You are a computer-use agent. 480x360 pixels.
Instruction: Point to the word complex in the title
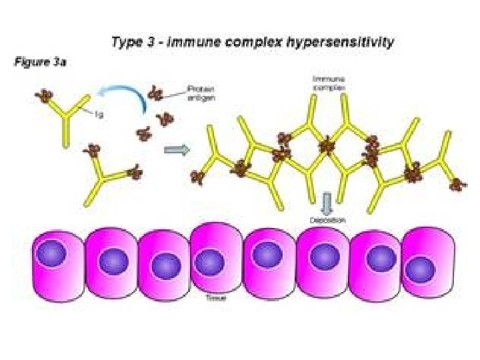coord(252,43)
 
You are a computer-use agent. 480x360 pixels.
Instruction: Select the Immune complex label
coord(325,83)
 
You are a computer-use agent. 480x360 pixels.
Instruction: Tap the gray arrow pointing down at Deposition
coord(327,203)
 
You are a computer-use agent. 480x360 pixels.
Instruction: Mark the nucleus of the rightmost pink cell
coord(420,269)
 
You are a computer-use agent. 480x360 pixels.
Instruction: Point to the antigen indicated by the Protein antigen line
coord(157,93)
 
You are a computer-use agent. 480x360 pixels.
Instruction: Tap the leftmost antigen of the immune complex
coord(197,177)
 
